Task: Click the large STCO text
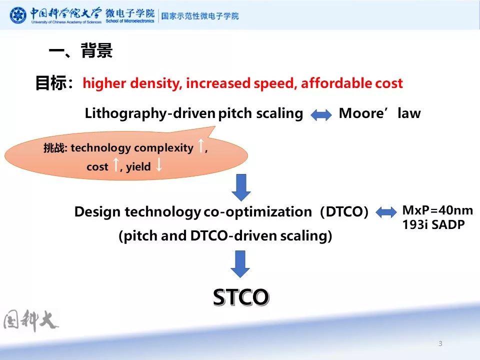(241, 297)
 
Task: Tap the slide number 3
(440, 343)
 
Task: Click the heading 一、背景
(80, 51)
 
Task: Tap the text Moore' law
(379, 113)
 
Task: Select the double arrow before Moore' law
(321, 115)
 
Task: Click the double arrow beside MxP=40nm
(385, 212)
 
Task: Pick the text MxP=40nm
(437, 210)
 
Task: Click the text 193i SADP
(433, 225)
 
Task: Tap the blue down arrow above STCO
(241, 263)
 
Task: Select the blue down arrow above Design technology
(241, 186)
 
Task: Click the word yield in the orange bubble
(138, 167)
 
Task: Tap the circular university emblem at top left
(18, 15)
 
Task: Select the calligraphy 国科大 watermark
(31, 320)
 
